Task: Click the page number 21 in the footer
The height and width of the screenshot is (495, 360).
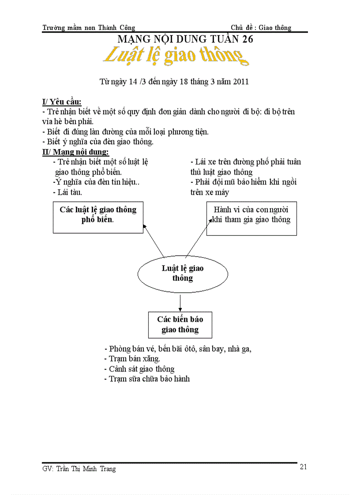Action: coord(303,467)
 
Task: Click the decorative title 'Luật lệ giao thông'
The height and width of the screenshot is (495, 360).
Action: coord(174,57)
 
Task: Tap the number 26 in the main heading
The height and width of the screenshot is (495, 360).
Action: coord(247,39)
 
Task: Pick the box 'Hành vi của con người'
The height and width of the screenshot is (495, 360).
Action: coord(251,218)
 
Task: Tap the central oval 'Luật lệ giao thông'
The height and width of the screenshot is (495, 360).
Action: coord(183,273)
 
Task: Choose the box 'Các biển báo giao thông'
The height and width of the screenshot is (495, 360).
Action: coord(180,324)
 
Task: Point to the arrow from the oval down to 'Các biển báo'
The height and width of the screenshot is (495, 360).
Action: coord(180,303)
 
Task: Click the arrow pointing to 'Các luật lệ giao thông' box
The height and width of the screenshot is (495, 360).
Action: coord(154,241)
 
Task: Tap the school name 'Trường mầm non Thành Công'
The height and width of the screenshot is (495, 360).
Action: coord(89,27)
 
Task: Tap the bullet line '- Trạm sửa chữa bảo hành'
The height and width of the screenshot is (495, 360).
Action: coord(147,379)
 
